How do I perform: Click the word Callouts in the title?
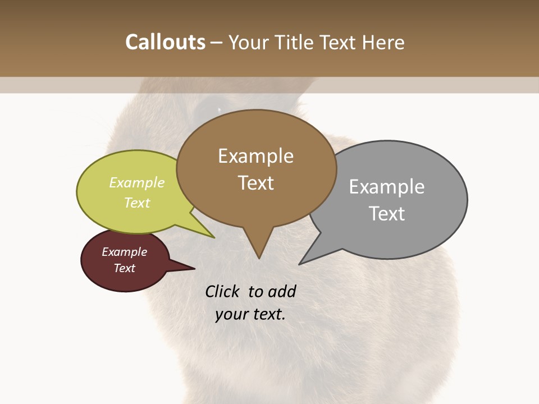coord(165,42)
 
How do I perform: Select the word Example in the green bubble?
coord(137,182)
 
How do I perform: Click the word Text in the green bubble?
coord(137,203)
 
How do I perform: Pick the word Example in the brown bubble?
coord(255,156)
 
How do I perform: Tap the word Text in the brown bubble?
coord(255,183)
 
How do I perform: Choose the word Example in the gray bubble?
coord(387,187)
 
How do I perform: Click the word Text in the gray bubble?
coord(387,214)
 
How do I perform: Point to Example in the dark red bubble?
coord(124,252)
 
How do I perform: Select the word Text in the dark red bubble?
coord(124,268)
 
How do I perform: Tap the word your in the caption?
coord(231,314)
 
